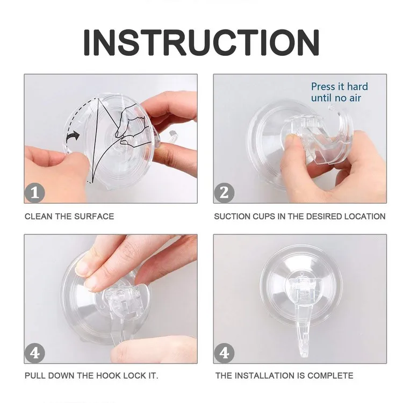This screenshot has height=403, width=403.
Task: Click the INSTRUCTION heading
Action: (201, 42)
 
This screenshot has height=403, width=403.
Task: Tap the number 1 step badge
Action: (35, 193)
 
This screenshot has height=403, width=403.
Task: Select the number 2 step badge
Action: (224, 193)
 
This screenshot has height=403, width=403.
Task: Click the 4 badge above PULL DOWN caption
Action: (35, 353)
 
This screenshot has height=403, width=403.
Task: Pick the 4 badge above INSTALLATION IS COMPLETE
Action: (224, 353)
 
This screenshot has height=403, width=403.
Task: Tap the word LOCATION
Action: (365, 217)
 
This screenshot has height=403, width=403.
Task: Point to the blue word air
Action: (355, 98)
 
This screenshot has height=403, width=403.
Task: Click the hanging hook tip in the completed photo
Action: (304, 355)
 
